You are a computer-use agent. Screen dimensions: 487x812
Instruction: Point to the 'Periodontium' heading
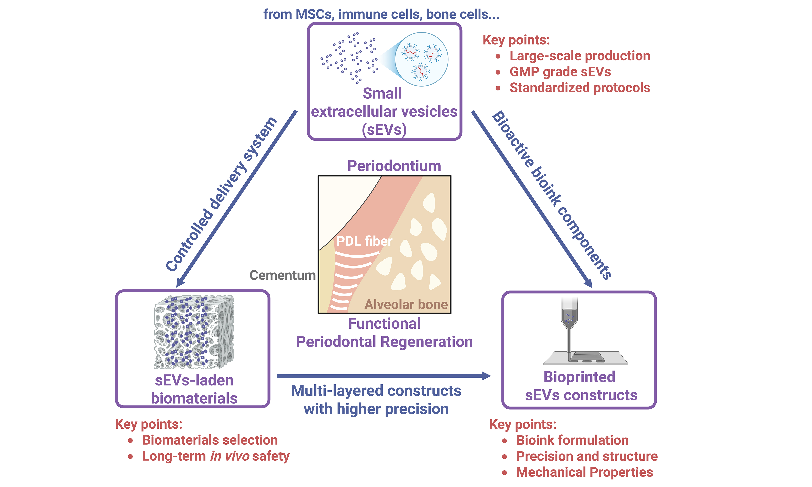coord(394,166)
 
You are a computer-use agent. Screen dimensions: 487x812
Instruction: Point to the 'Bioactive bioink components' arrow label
coord(552,195)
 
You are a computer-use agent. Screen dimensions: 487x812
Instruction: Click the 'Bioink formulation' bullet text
coord(572,440)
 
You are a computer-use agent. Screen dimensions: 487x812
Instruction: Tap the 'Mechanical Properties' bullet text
coord(584,472)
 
